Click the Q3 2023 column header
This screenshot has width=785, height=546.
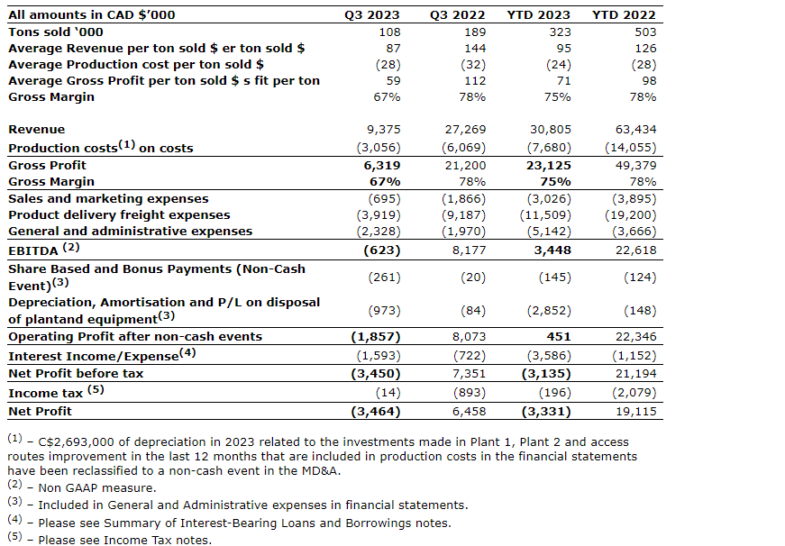(x=372, y=15)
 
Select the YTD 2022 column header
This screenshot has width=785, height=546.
(x=624, y=15)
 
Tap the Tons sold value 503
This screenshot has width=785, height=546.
(x=645, y=32)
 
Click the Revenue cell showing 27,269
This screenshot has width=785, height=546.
(x=465, y=130)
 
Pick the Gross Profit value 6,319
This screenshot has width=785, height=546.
(x=382, y=166)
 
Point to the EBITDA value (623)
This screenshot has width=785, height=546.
(x=382, y=250)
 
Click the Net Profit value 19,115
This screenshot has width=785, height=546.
(x=635, y=412)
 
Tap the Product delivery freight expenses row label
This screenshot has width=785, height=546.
(x=119, y=215)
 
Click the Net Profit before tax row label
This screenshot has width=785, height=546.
(x=76, y=373)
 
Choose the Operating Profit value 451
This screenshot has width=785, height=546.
(x=559, y=336)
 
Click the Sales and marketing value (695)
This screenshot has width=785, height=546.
(x=385, y=199)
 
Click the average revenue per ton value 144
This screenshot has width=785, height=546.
(x=475, y=49)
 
